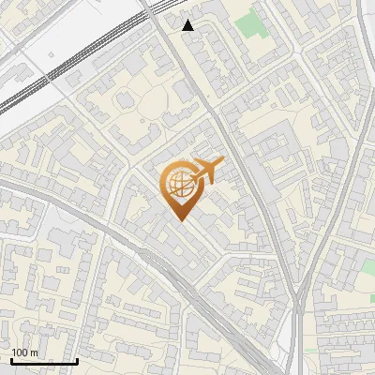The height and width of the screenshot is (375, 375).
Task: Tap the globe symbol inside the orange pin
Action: coord(177,184)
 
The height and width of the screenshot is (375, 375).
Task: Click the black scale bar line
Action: coord(44,361)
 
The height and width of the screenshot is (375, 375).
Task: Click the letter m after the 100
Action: coord(34,352)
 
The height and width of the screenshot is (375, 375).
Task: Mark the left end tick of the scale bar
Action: coord(11,359)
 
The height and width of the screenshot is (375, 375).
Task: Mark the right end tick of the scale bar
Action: coord(77,359)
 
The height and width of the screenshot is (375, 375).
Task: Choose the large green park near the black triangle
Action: coord(250,24)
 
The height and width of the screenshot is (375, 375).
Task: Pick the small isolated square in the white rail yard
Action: coord(51,54)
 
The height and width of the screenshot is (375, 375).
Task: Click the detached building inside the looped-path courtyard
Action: coord(125,101)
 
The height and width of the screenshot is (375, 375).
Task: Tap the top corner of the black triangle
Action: coord(188,19)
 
